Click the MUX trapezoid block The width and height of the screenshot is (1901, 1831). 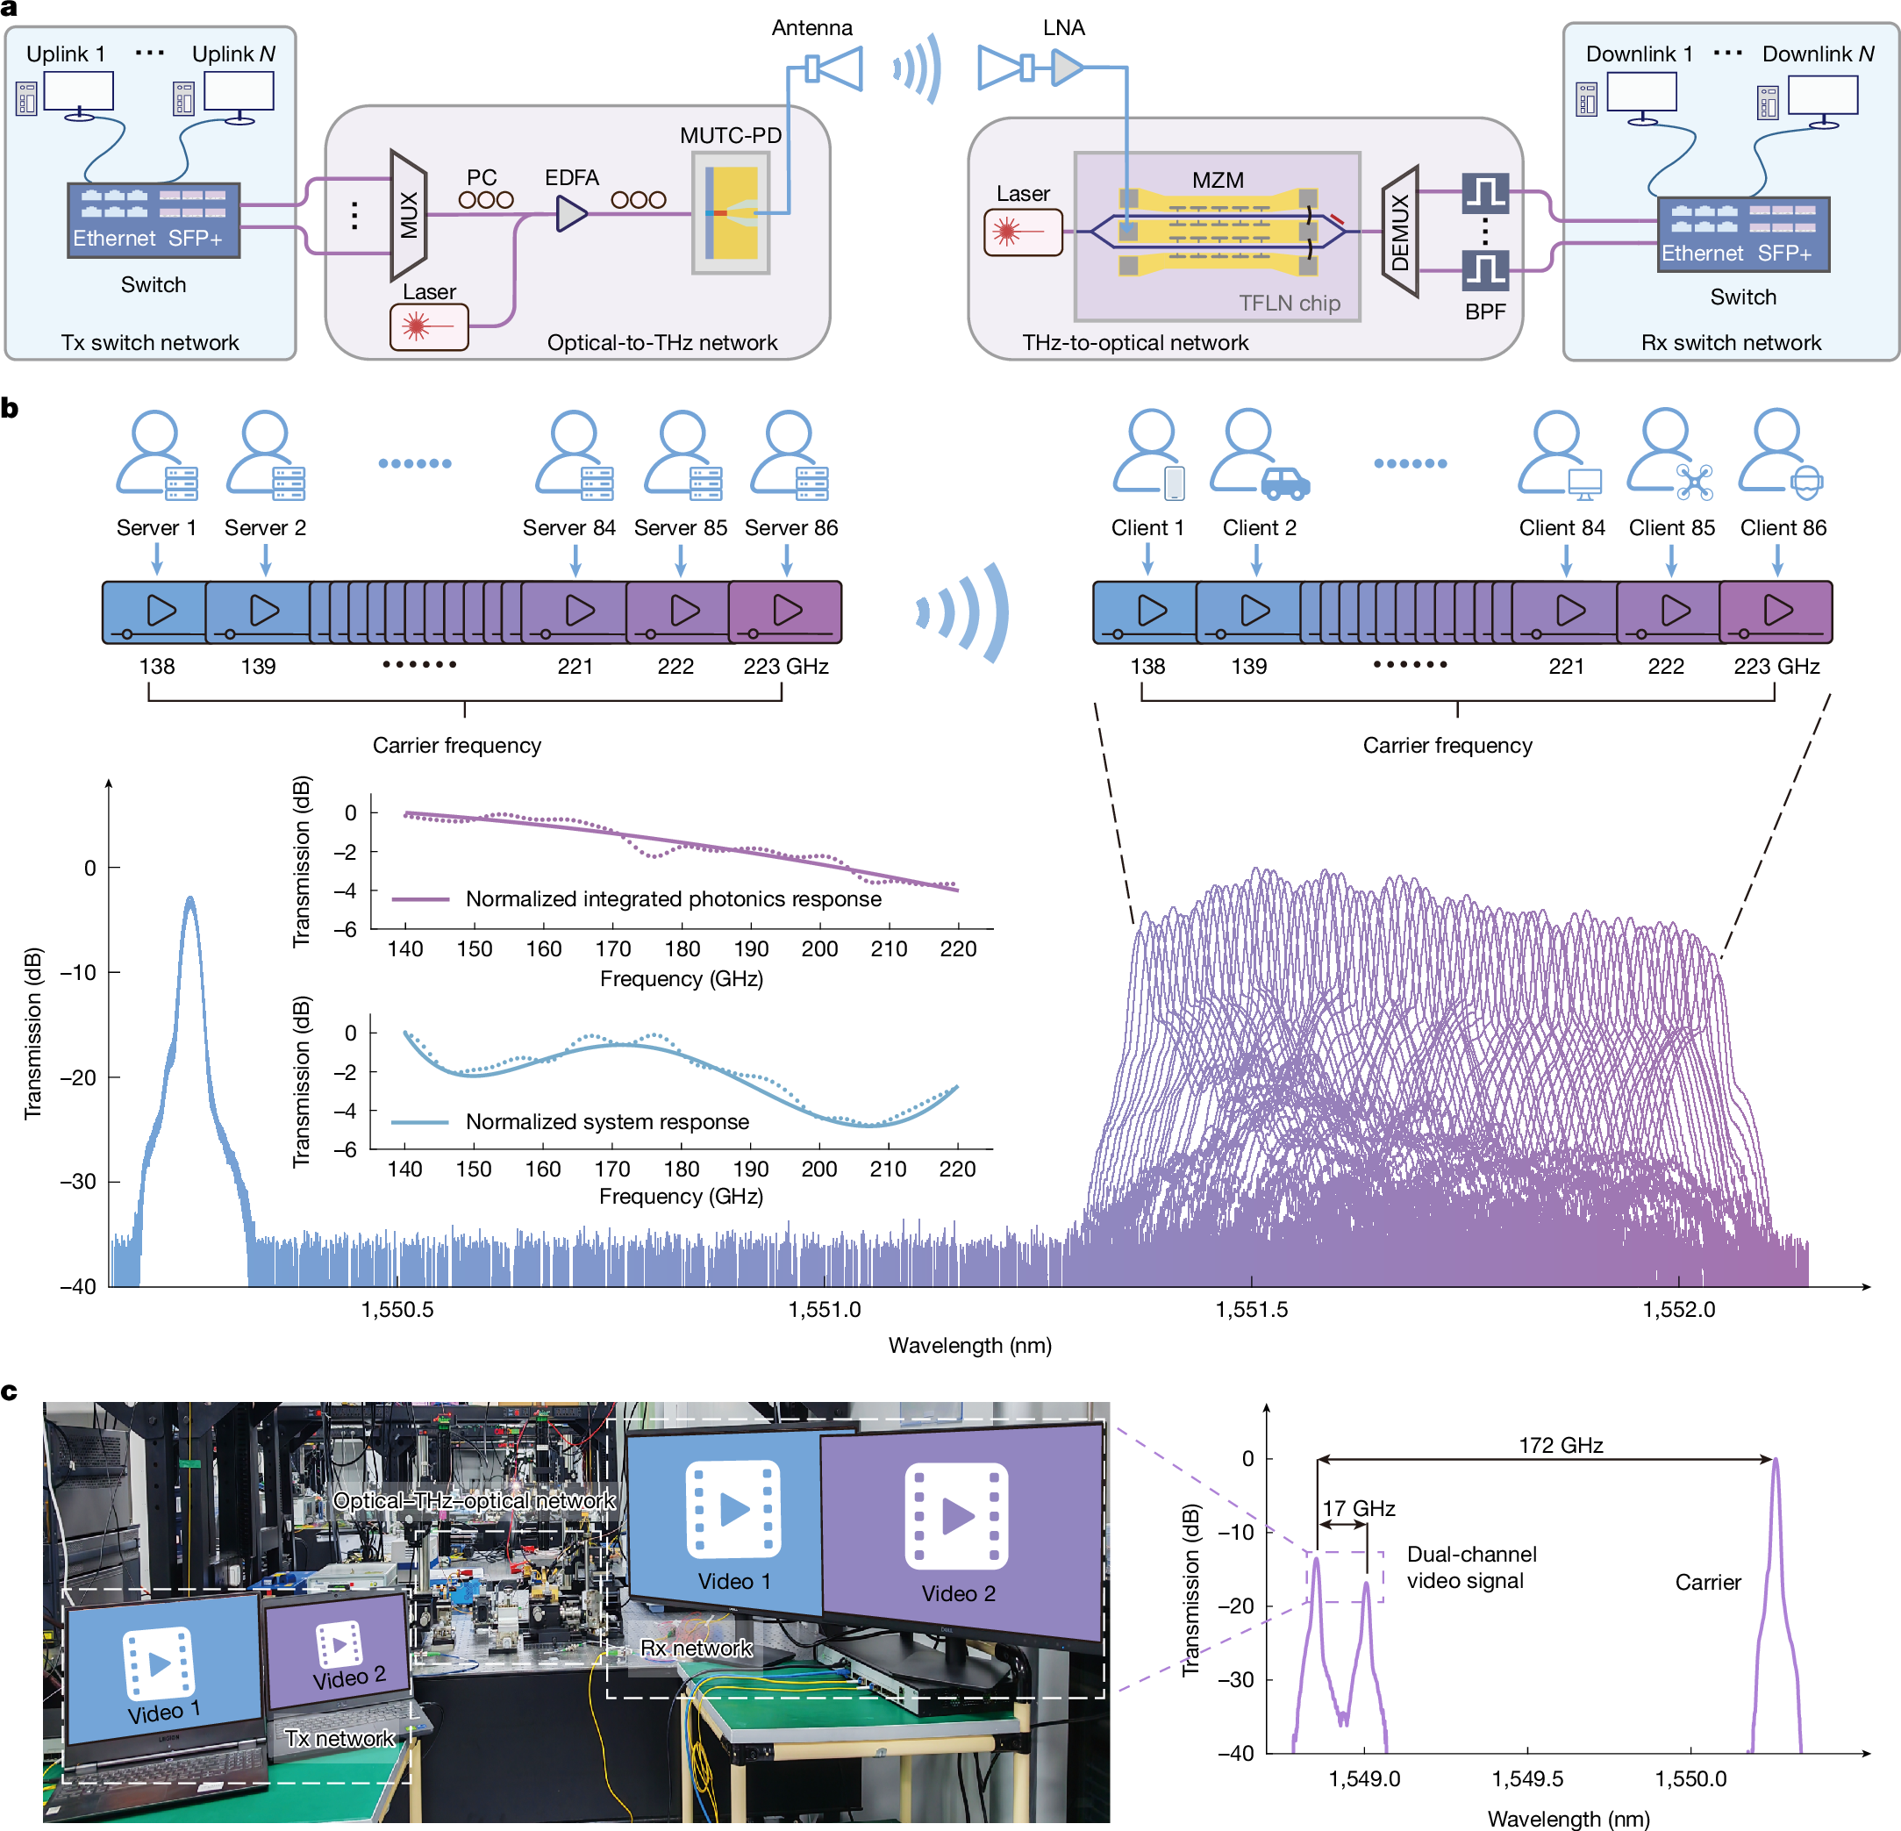[408, 214]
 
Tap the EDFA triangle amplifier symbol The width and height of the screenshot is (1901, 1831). [571, 213]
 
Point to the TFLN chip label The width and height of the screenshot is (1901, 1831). [1289, 303]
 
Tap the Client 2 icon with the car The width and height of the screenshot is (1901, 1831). [1259, 456]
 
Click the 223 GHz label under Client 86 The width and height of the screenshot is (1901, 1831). [1776, 666]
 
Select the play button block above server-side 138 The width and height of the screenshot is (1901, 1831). [155, 612]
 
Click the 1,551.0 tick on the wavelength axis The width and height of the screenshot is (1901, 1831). [824, 1309]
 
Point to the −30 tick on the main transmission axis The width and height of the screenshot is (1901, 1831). [77, 1181]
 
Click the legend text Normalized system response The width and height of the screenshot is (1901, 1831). [607, 1121]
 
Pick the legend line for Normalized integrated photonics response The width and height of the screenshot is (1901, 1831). [420, 899]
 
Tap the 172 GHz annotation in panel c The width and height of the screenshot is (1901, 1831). [1560, 1445]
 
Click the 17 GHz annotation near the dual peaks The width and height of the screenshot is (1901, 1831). [1359, 1508]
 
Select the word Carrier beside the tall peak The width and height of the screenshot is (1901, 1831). [1707, 1582]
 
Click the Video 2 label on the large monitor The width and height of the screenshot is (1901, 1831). [957, 1593]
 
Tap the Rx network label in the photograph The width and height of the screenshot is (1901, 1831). [696, 1648]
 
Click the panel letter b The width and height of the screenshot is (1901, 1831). [10, 407]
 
